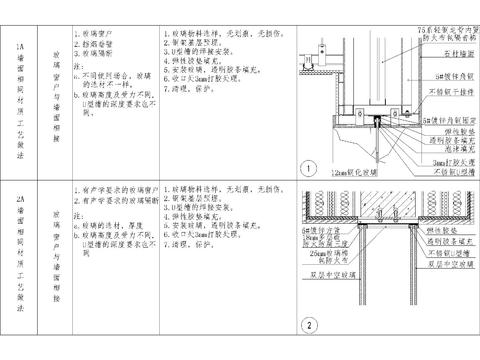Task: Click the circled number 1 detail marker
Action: click(x=310, y=167)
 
